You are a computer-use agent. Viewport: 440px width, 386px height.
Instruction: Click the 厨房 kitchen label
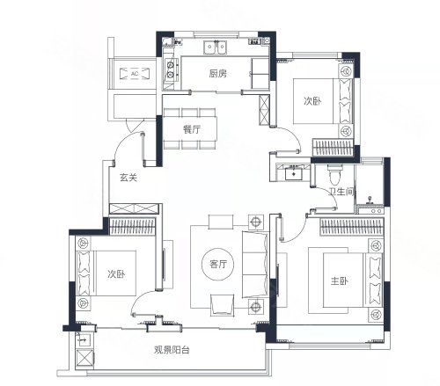217,73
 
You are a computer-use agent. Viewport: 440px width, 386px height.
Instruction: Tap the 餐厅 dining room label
192,129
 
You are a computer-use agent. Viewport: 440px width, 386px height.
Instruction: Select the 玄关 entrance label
128,178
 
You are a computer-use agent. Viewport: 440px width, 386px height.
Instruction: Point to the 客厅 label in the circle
218,264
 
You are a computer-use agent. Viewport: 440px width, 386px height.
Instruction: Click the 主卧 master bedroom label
340,281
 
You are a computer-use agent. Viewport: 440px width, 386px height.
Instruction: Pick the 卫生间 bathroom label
341,192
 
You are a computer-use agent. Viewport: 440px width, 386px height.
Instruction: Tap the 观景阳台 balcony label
172,350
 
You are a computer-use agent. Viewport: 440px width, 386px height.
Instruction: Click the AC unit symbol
135,74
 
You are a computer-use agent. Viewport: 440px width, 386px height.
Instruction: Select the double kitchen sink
216,47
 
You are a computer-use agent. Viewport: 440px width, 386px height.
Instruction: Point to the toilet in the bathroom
334,175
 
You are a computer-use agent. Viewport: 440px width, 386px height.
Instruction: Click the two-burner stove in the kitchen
171,69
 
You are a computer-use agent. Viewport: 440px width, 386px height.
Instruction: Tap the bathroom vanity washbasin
294,172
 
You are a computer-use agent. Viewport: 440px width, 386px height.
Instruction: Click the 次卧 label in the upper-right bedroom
312,101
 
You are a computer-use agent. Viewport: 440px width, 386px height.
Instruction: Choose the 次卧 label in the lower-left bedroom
116,274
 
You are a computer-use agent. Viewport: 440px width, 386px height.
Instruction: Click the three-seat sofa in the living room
255,265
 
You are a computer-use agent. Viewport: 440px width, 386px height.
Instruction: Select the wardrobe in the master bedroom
351,226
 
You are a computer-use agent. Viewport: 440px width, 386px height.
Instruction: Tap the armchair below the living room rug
223,305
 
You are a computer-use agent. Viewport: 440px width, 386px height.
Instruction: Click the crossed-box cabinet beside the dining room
264,110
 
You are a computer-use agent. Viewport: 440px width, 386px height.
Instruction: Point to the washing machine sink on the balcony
83,340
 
